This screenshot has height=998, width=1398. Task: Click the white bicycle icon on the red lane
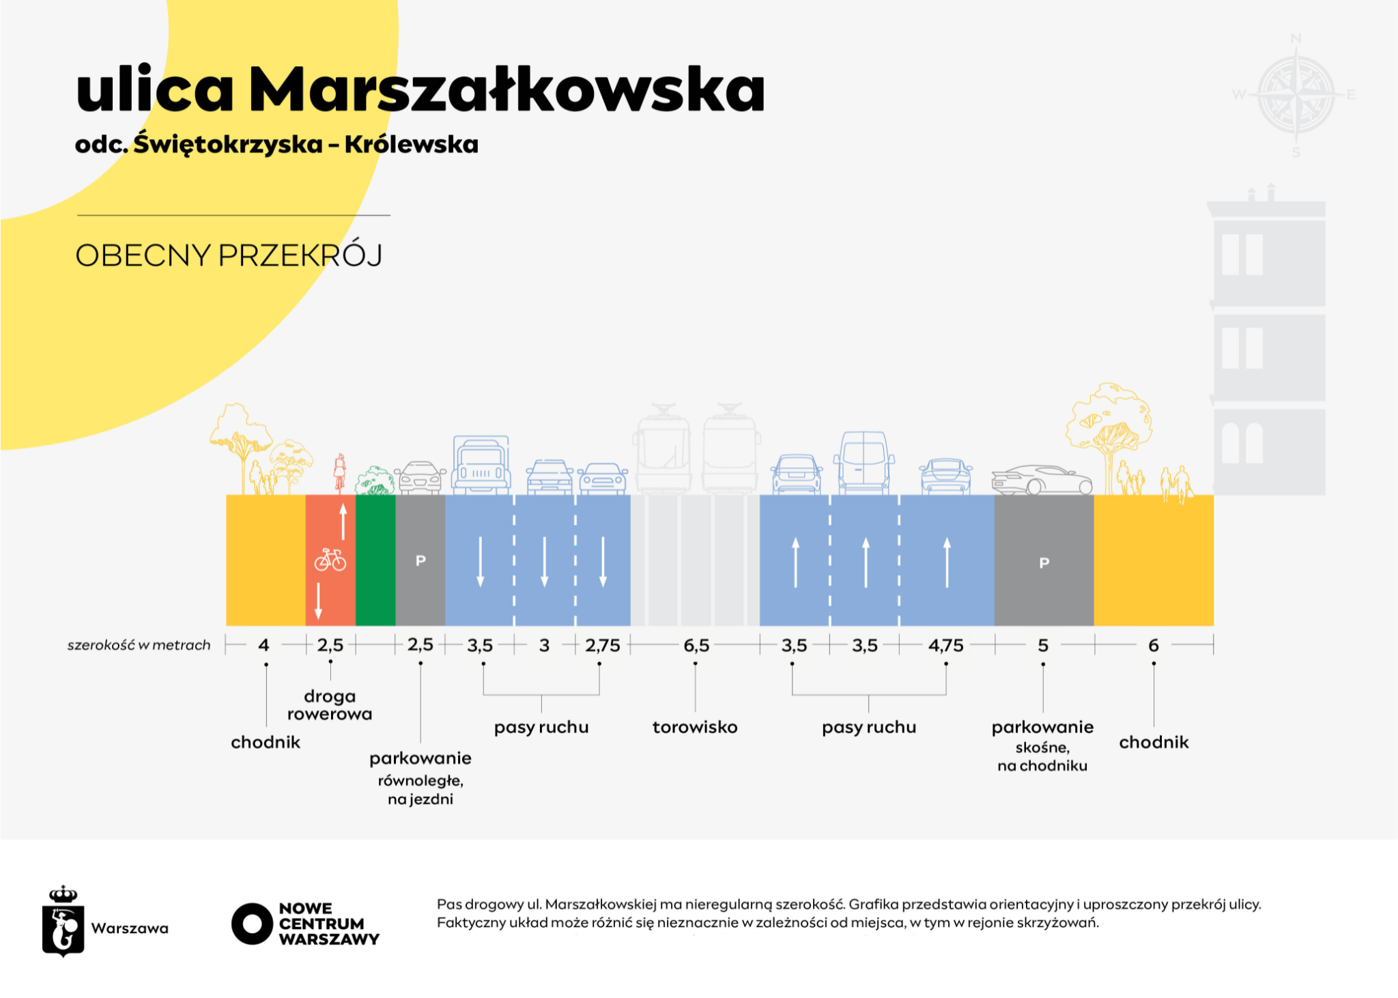330,560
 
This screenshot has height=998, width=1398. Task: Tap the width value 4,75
946,645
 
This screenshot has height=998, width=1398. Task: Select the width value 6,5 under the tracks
696,645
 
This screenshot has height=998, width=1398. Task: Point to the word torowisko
695,727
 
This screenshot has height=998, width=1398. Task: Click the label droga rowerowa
330,705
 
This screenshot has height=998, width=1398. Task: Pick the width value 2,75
603,645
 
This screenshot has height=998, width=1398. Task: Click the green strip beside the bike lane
375,560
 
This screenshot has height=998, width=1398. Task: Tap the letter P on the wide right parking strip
1044,563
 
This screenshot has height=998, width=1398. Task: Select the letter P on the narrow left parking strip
420,560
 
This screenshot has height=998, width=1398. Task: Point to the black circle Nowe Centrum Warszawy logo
252,924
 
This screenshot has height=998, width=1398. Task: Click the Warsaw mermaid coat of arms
63,923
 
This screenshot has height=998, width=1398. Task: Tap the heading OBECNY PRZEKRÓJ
229,255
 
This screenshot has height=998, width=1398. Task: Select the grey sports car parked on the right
1042,480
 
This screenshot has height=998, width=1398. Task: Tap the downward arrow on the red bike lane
318,600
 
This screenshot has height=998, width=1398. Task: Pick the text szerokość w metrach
139,645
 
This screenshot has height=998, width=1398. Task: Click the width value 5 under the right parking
1043,645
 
